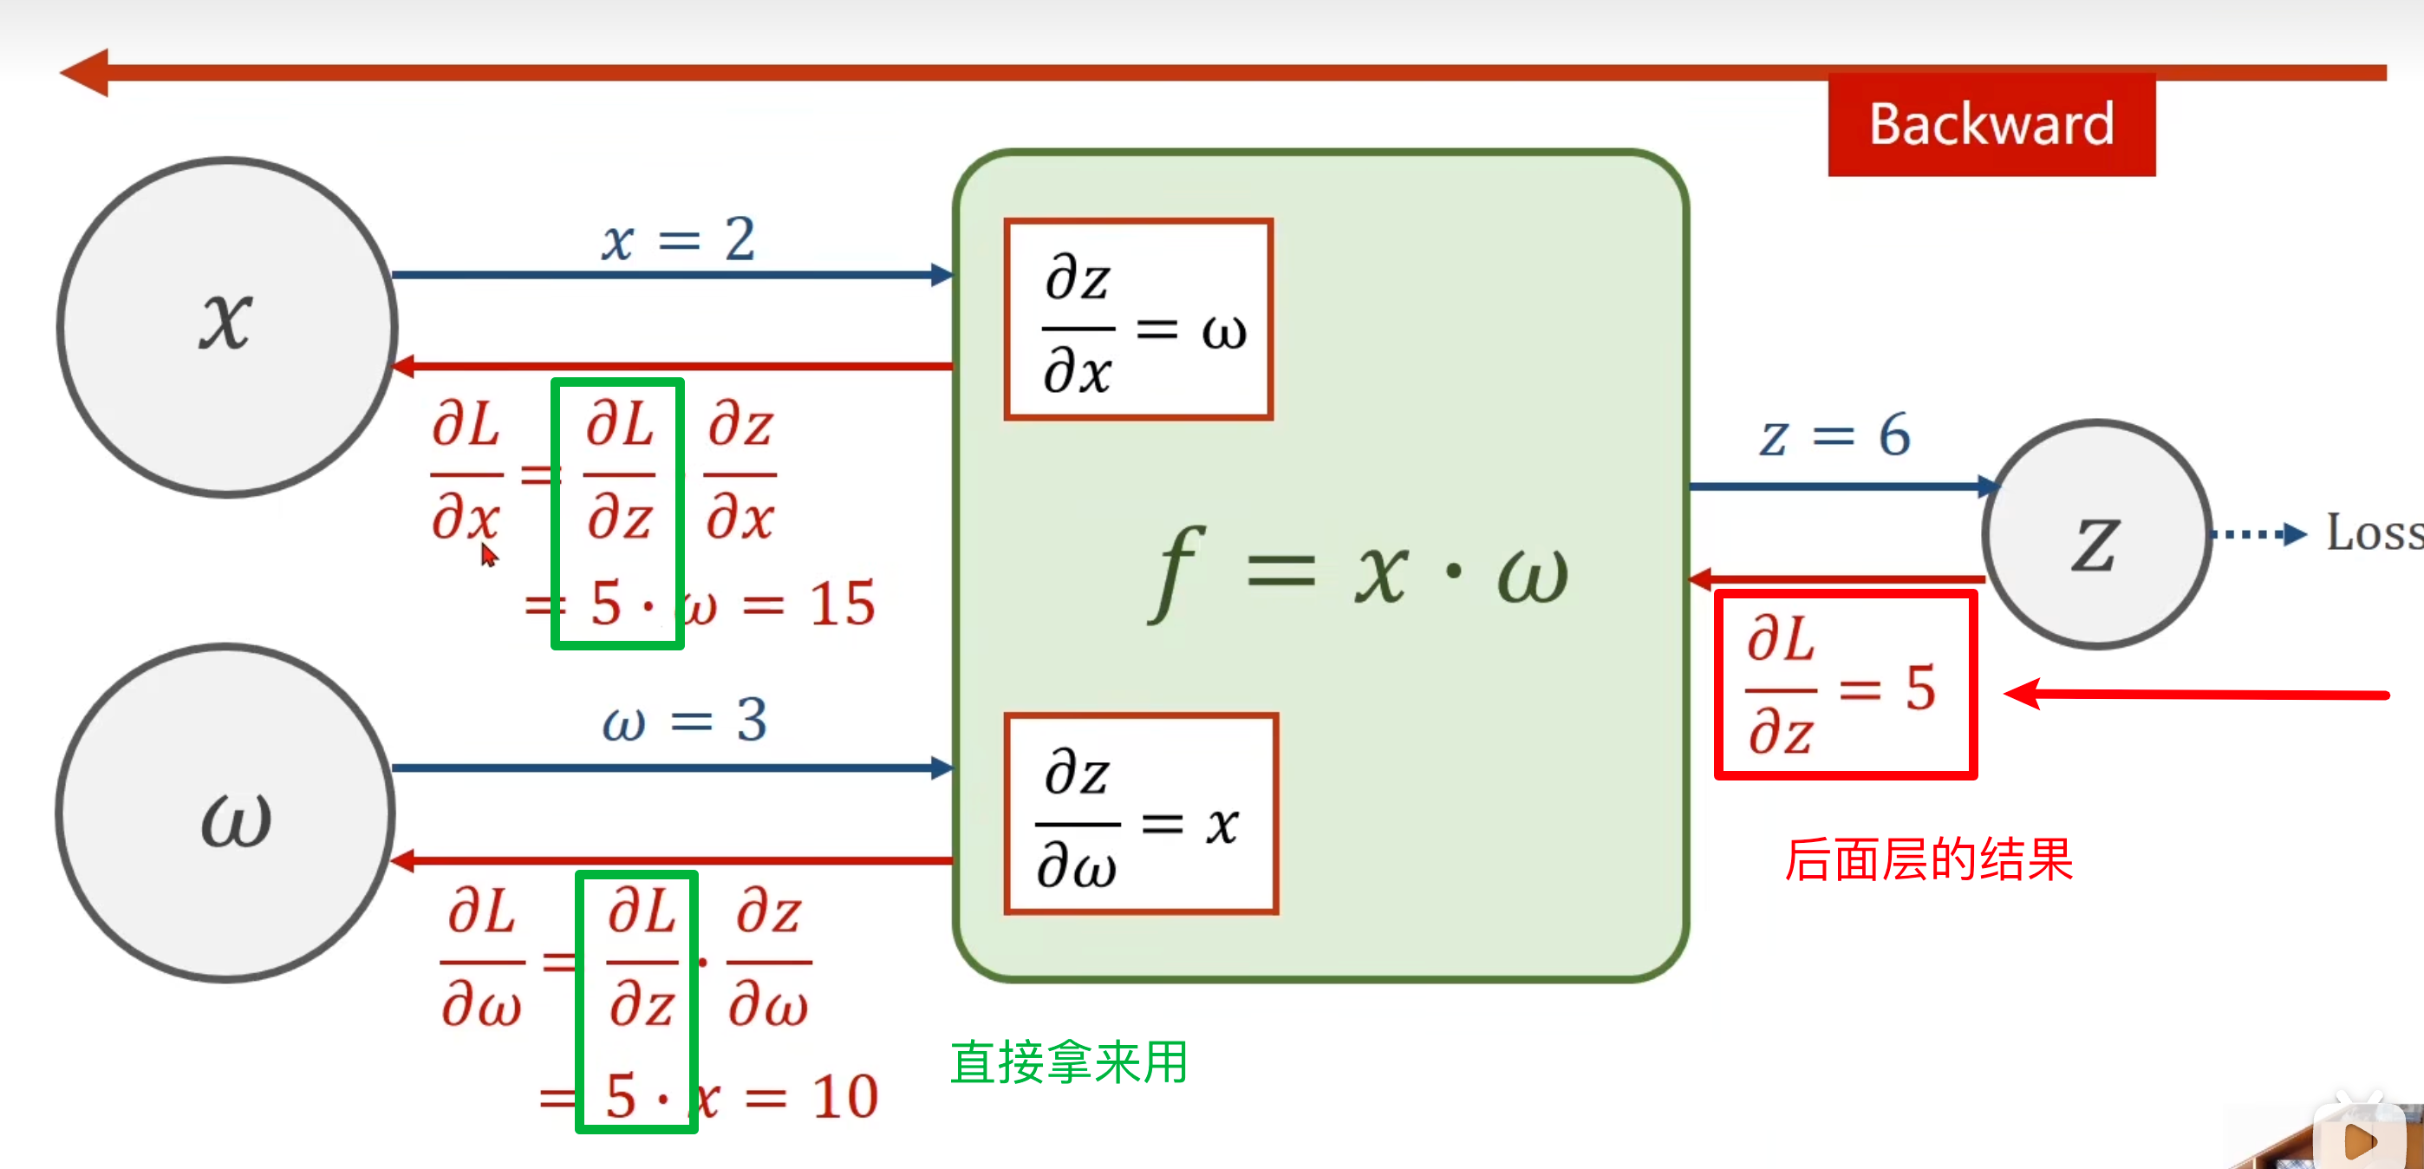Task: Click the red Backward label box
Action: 1991,124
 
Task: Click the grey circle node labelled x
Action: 227,326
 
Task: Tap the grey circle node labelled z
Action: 2096,534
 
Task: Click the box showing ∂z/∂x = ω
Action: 1138,320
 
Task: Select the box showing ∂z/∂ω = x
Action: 1141,814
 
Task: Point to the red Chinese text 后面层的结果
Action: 1928,859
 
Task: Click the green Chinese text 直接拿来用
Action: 1068,1062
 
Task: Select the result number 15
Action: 842,604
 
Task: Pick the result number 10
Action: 845,1096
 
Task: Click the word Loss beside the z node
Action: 2373,532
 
